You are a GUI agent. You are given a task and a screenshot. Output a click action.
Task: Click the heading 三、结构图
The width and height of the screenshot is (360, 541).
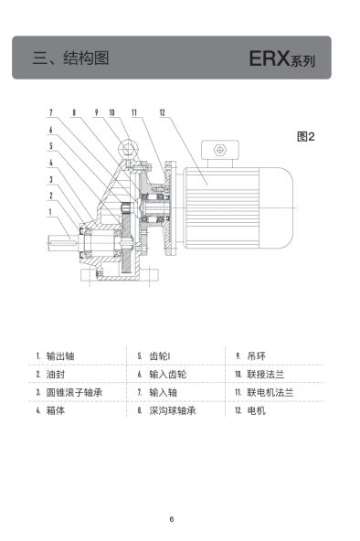[71, 58]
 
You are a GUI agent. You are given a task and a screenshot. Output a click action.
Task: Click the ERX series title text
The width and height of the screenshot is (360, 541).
[281, 58]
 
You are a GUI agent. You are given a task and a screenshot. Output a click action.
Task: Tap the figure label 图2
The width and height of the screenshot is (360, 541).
[305, 137]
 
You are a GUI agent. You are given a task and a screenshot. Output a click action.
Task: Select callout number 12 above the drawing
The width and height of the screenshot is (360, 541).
[162, 112]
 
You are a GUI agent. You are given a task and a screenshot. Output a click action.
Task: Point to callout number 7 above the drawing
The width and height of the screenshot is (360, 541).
[51, 112]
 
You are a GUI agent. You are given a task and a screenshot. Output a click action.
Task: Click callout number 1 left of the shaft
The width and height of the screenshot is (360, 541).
[50, 211]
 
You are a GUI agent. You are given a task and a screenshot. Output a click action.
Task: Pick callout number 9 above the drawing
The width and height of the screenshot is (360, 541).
[97, 112]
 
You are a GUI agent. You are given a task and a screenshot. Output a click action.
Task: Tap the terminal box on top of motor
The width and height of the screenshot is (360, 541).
[219, 151]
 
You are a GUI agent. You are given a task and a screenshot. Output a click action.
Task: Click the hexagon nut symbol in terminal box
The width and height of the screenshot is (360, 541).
[219, 150]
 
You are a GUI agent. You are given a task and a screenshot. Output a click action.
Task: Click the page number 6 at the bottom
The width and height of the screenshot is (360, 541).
[172, 519]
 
